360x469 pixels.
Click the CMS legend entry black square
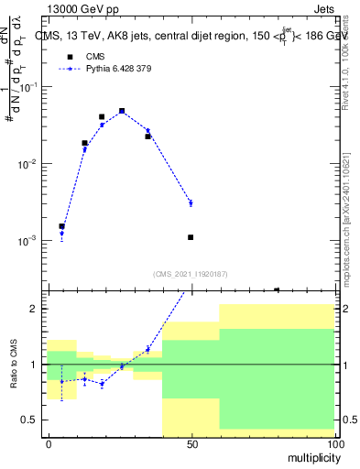point(70,56)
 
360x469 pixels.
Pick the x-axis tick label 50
point(191,444)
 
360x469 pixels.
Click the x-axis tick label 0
point(48,444)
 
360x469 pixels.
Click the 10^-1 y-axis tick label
point(27,86)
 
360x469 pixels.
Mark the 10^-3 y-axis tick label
point(27,240)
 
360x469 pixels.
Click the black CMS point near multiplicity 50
point(191,237)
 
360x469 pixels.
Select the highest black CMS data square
point(122,111)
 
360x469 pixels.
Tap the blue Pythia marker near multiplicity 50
point(191,202)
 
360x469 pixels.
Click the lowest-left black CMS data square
point(61,225)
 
